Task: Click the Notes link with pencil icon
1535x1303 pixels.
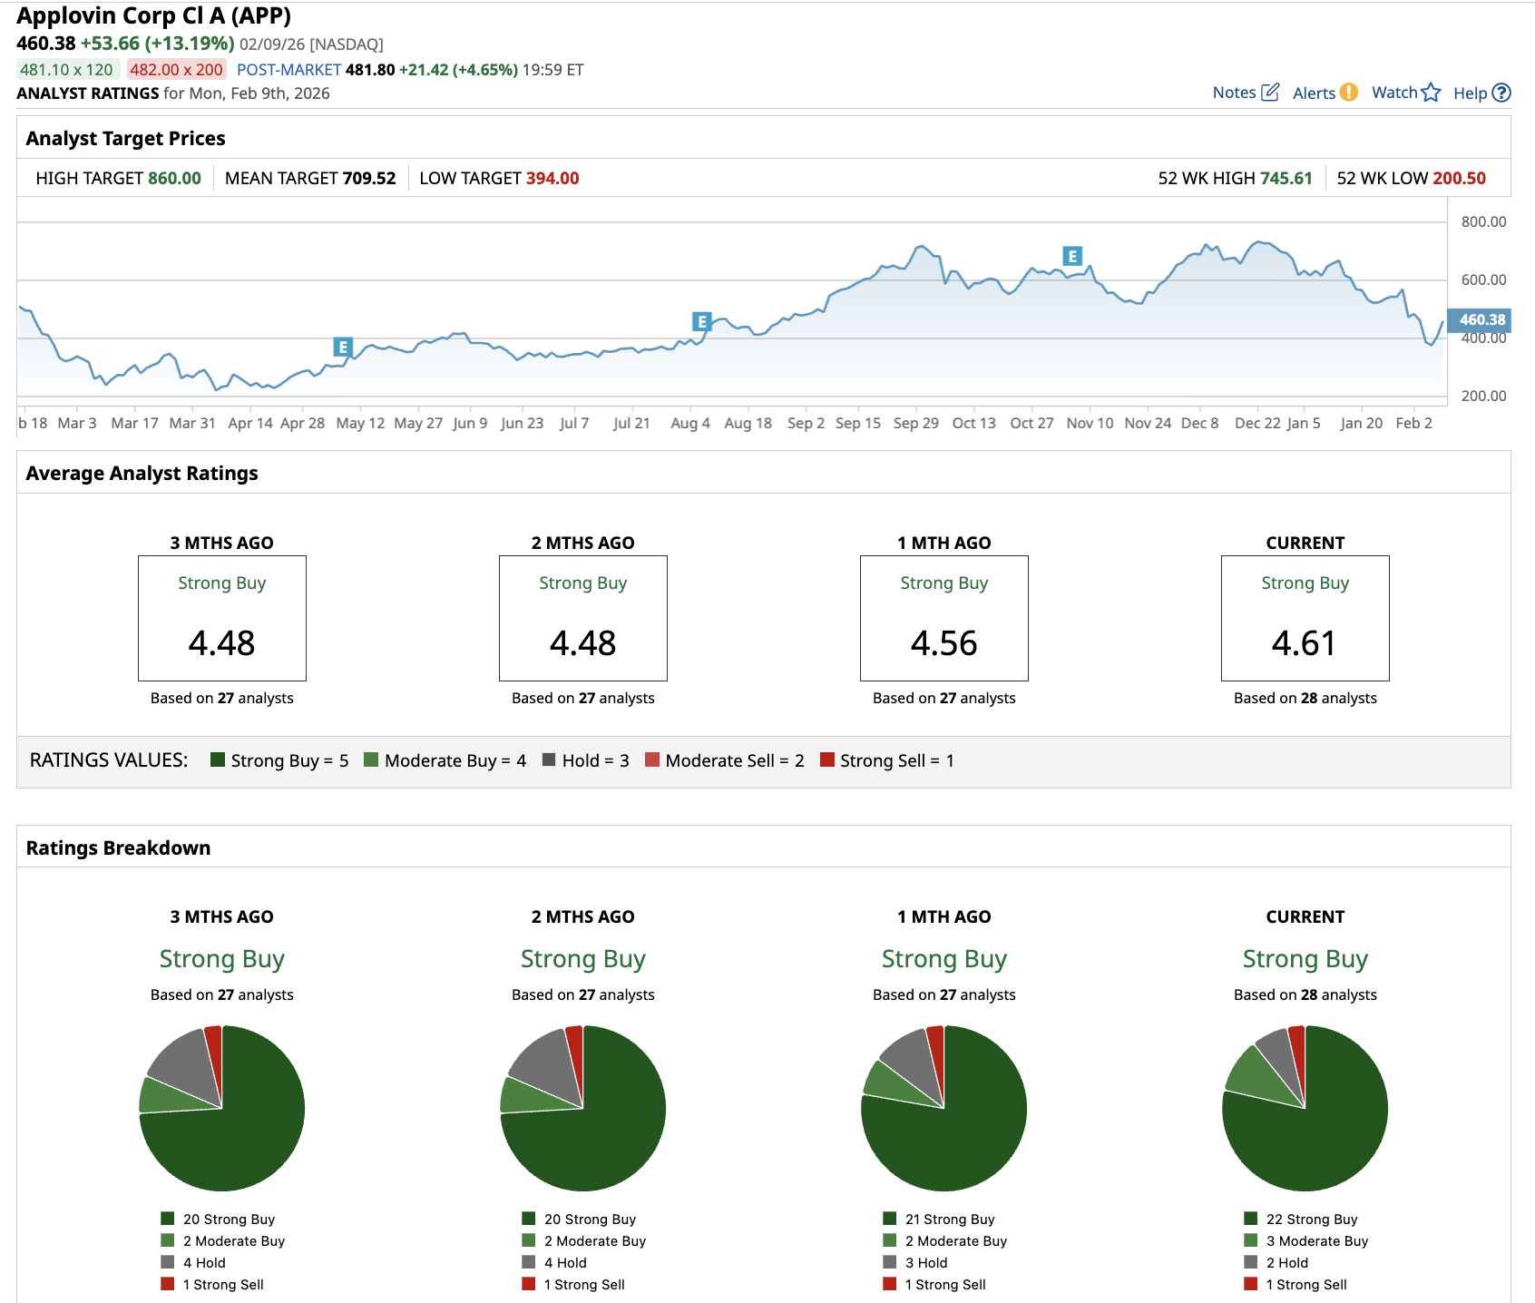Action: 1245,93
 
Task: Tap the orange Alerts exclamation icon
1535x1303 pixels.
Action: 1349,93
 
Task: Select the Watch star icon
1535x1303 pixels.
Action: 1431,93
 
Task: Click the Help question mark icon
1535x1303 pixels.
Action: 1501,93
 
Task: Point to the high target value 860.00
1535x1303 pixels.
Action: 174,178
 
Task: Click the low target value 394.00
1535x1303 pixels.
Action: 552,178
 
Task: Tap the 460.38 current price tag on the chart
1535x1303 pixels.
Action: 1480,319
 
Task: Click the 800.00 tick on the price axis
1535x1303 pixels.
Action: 1483,221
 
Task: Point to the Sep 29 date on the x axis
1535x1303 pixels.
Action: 915,423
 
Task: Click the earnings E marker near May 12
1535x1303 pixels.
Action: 343,347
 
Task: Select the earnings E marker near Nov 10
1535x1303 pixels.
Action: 1072,256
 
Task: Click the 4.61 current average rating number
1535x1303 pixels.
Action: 1304,643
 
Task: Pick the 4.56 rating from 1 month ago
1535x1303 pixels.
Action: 943,643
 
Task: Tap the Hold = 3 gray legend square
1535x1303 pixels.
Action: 549,759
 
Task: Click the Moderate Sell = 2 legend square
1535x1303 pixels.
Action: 652,759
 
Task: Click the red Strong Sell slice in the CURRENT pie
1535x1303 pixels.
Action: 1297,1043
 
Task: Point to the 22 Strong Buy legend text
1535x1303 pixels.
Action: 1311,1220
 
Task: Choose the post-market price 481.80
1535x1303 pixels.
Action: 370,70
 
